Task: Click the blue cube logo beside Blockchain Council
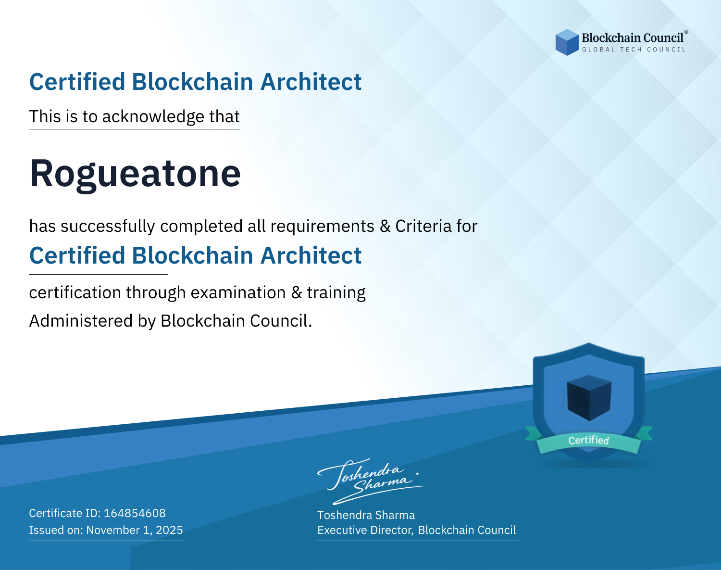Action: [567, 42]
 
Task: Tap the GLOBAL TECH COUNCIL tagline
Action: [634, 50]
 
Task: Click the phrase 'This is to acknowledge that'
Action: [135, 116]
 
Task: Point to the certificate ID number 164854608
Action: [135, 513]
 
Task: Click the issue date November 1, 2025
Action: [135, 530]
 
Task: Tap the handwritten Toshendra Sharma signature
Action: [370, 481]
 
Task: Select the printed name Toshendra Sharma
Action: [366, 515]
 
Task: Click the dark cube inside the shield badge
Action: [589, 398]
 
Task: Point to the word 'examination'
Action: [238, 292]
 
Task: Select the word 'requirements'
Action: [323, 227]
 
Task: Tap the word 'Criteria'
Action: [423, 226]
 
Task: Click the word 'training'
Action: [336, 293]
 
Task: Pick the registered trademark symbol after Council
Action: [686, 32]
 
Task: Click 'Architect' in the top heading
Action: [311, 82]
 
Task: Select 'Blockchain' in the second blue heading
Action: [192, 255]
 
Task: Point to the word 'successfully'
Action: [108, 227]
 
